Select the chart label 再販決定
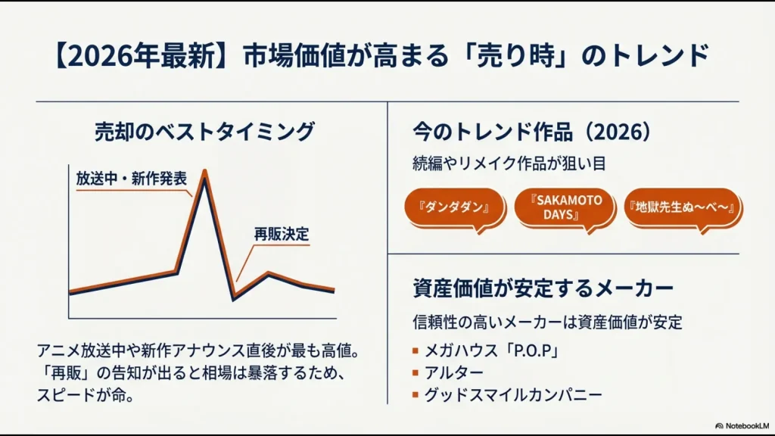(282, 235)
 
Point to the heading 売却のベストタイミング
(204, 132)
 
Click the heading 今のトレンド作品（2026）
(531, 132)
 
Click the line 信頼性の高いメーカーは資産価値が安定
(548, 322)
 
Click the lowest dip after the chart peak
(234, 298)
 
